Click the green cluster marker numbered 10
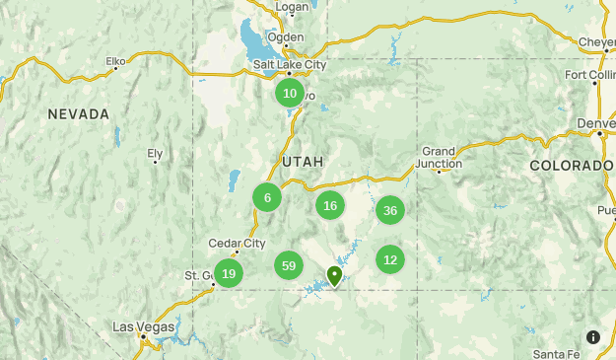(x=290, y=94)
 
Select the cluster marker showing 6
(x=267, y=197)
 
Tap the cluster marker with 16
(x=330, y=206)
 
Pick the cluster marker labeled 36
(x=390, y=210)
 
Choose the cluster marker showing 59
(x=289, y=265)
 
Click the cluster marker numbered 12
(x=390, y=260)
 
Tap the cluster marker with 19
(x=229, y=273)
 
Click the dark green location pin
(x=335, y=275)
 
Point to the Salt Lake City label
(x=289, y=65)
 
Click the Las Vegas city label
(x=143, y=326)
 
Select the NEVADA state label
(x=79, y=114)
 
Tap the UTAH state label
(x=303, y=161)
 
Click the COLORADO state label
(x=571, y=166)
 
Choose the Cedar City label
(x=237, y=244)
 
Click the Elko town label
(x=116, y=62)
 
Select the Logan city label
(x=292, y=7)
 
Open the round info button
(x=593, y=337)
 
